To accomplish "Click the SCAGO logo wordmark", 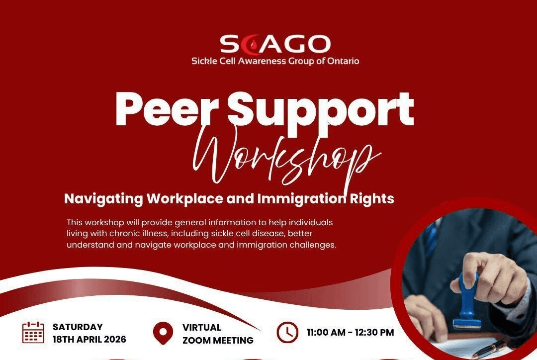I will pos(275,44).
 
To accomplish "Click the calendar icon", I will pos(33,333).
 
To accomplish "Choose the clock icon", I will pos(287,333).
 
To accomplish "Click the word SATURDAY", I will pos(78,327).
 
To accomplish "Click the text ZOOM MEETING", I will pos(218,341).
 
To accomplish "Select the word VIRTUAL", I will pos(201,327).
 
